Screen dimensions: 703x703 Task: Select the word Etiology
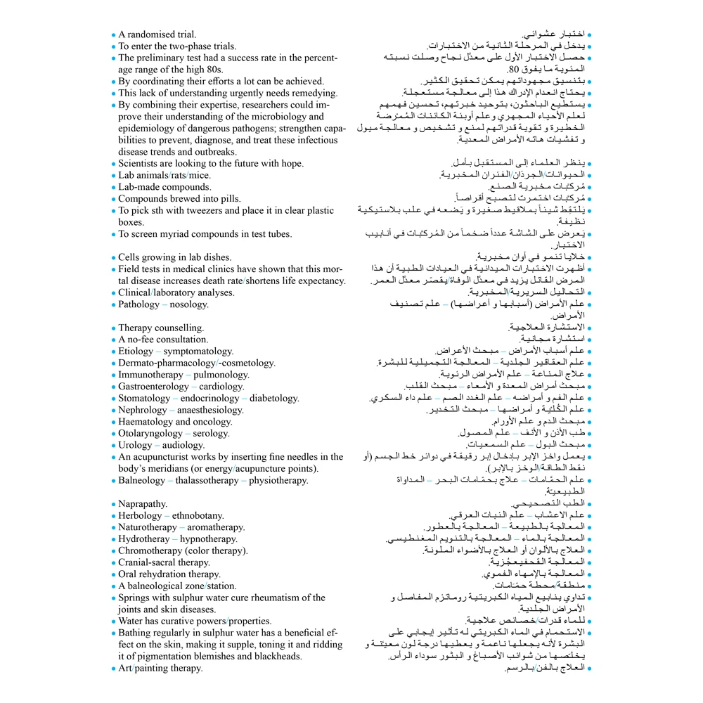pyautogui.click(x=136, y=351)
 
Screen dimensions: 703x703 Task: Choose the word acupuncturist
pyautogui.click(x=161, y=456)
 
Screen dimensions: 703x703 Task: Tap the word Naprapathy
pyautogui.click(x=143, y=503)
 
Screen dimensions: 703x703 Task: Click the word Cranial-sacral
pyautogui.click(x=147, y=562)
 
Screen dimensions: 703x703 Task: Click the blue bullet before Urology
pyautogui.click(x=113, y=445)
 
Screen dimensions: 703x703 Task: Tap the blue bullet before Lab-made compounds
pyautogui.click(x=113, y=187)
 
